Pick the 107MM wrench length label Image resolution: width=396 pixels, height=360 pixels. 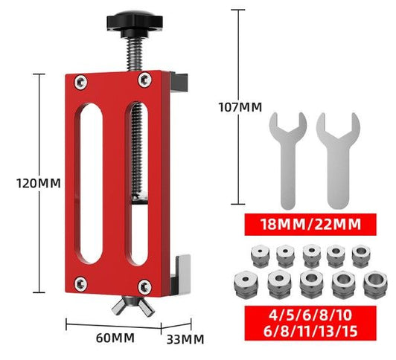[238, 106]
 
